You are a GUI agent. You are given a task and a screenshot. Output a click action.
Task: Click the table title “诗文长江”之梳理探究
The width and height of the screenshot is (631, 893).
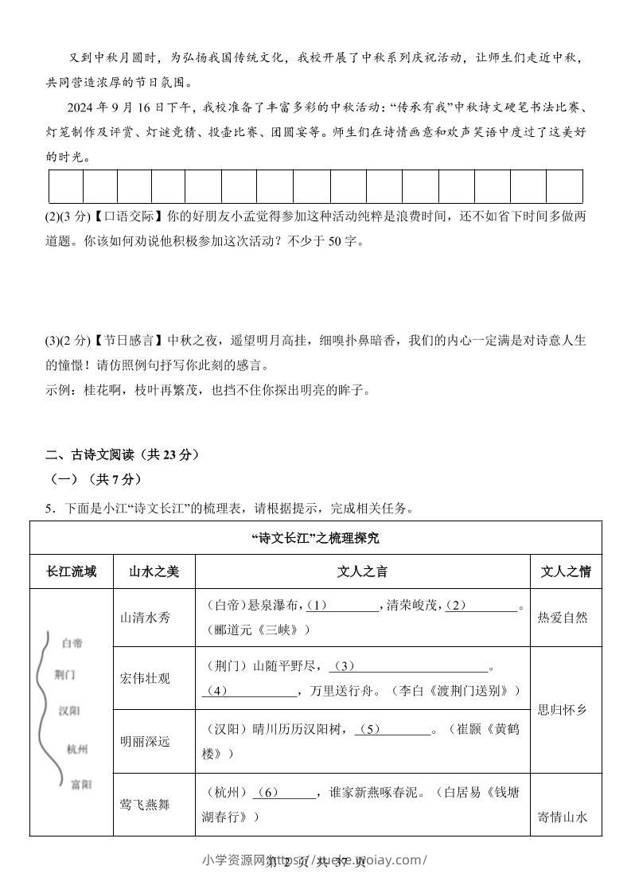click(315, 538)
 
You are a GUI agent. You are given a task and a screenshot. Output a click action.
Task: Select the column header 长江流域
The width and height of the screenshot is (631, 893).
click(72, 571)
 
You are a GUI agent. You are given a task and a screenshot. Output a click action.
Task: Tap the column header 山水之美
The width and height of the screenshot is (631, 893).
click(154, 571)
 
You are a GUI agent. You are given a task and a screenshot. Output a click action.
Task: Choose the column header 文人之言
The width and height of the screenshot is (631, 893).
click(362, 571)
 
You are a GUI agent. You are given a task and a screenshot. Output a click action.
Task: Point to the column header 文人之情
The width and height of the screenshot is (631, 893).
click(566, 571)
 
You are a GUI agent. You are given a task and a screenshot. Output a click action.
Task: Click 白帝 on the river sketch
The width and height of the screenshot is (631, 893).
click(72, 642)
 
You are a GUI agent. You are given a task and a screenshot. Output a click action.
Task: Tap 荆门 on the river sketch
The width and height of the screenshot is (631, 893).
click(65, 674)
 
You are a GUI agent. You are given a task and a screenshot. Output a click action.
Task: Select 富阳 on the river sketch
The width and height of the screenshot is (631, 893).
click(81, 785)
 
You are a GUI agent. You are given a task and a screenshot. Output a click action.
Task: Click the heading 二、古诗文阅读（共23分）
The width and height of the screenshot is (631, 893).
click(122, 455)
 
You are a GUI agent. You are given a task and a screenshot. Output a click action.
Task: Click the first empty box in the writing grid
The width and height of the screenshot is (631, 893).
click(65, 186)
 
